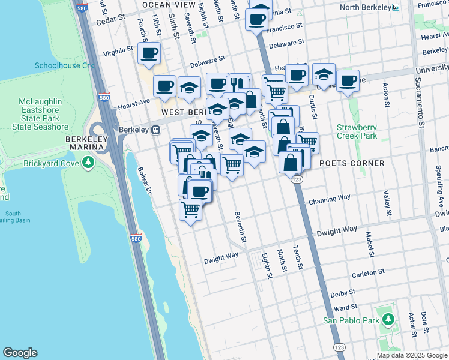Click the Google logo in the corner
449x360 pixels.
coord(20,353)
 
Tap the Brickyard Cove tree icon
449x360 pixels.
coord(88,163)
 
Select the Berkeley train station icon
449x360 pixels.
coord(155,130)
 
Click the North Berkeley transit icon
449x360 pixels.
coord(395,7)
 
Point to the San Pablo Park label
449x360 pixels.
coord(351,320)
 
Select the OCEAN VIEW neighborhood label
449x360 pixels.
coord(169,5)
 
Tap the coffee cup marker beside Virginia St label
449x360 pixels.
coord(149,54)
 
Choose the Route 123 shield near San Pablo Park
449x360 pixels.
coord(340,348)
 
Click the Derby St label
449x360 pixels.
coord(343,294)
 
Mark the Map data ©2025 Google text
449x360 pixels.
coord(411,355)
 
